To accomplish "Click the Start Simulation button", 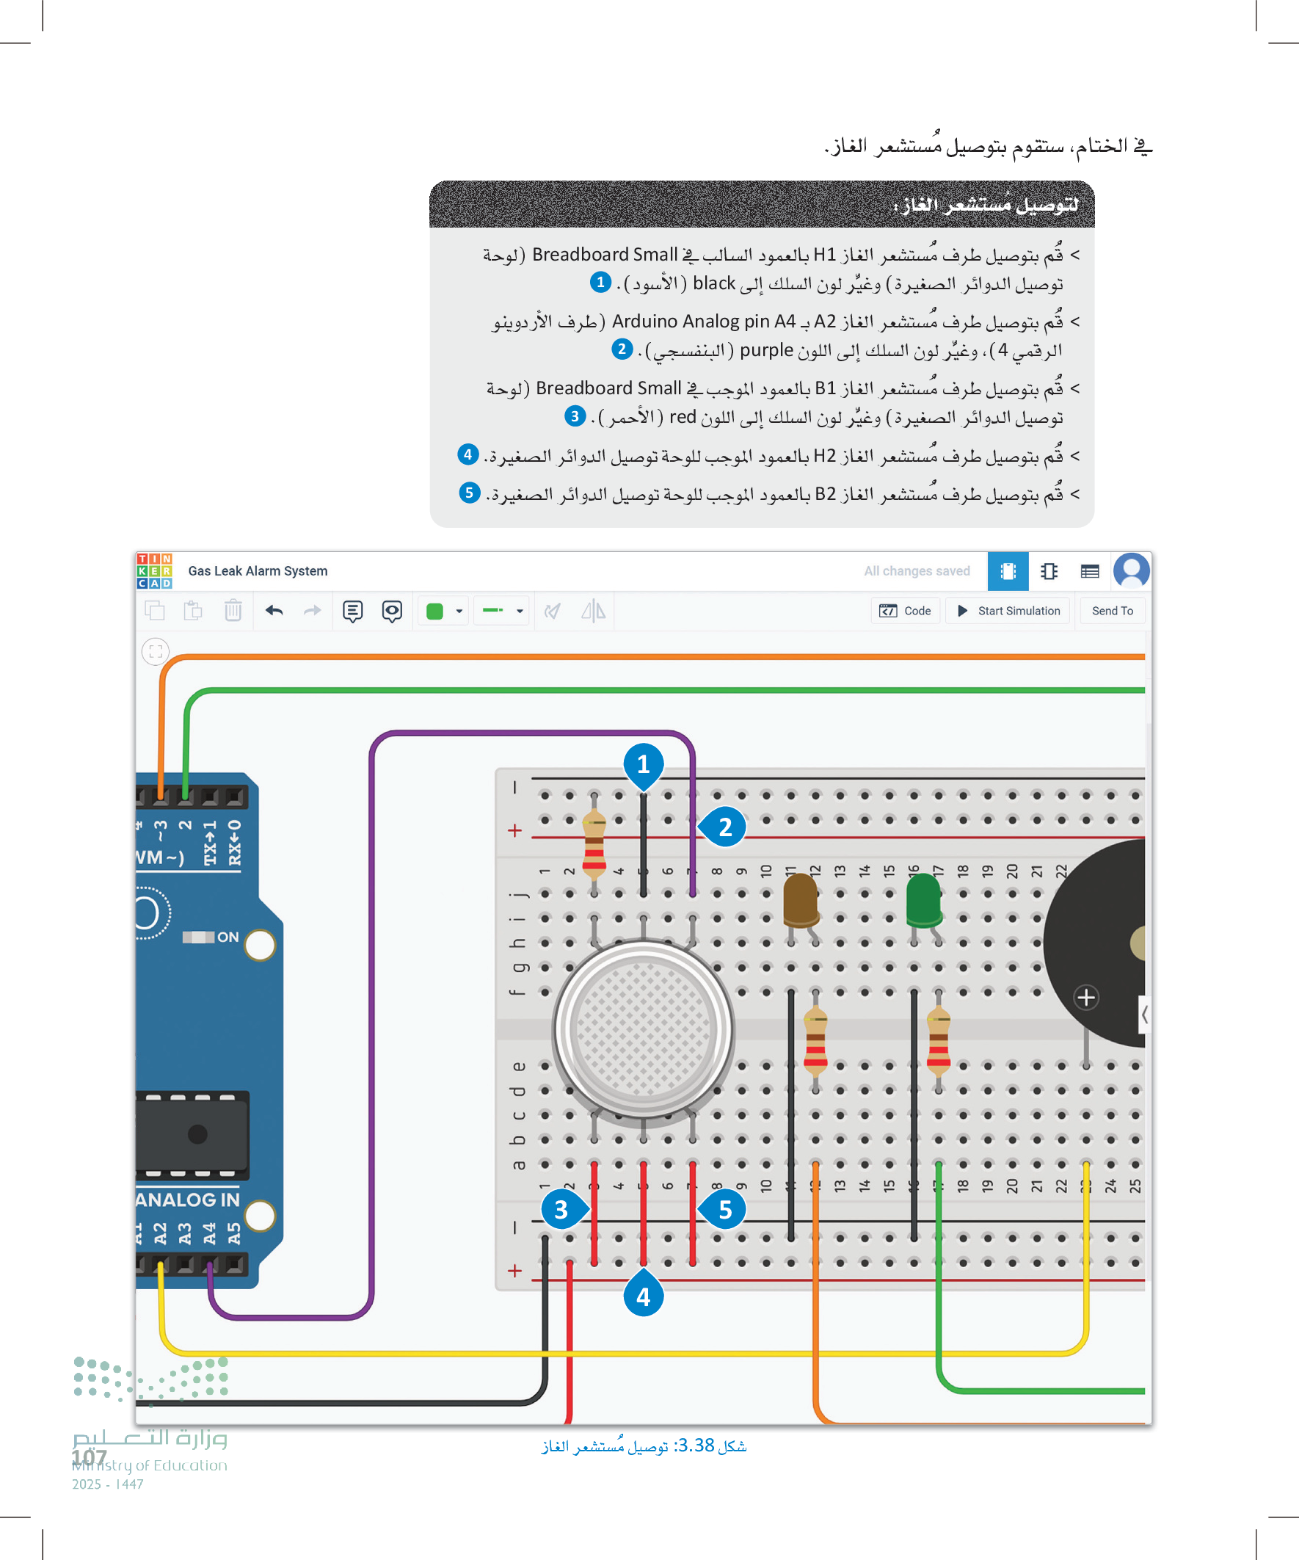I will click(1008, 611).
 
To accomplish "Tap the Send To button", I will click(1111, 611).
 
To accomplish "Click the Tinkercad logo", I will click(154, 570).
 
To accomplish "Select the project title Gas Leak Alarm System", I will click(258, 570).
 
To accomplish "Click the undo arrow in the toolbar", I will click(274, 611).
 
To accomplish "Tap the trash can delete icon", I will click(233, 611).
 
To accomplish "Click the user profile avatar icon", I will click(1130, 570).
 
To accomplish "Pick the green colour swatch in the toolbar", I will click(435, 612).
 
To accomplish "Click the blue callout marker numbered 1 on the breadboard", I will click(643, 764).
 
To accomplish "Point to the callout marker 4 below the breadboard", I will click(643, 1296).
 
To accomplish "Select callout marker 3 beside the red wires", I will click(561, 1209).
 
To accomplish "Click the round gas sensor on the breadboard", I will click(643, 1028).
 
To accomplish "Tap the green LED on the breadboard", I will click(924, 900).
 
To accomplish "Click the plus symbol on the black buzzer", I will click(1086, 997).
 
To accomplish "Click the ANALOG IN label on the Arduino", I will click(188, 1200).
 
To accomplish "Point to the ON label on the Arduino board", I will click(228, 937).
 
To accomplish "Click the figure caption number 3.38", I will click(696, 1445).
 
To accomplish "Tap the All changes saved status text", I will click(917, 570).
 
